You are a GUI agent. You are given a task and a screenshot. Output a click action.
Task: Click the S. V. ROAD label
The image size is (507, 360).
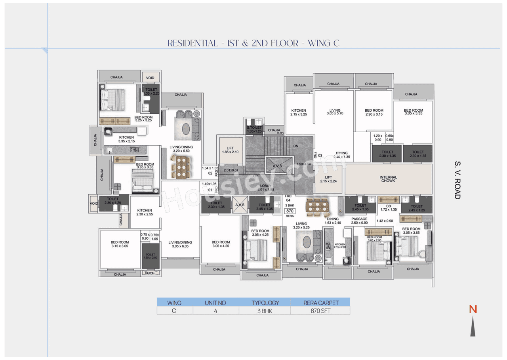457,180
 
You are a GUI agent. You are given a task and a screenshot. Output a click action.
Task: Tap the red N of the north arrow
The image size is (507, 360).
473,309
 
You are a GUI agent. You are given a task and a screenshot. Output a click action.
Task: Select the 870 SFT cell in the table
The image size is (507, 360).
320,311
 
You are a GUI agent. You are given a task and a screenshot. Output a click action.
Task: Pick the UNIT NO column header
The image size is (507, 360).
215,303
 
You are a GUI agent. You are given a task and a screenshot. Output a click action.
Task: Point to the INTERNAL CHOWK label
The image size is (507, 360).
388,179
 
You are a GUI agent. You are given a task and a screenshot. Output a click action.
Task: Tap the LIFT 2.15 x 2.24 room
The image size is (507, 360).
328,179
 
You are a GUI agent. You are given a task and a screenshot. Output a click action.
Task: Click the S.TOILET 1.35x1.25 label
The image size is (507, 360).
254,130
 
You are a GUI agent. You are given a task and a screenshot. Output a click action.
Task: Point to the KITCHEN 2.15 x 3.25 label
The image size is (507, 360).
299,112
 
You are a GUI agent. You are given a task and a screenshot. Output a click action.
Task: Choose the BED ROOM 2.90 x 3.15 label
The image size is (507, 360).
374,112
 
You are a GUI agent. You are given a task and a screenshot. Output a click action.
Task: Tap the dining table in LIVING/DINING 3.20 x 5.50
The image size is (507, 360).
181,167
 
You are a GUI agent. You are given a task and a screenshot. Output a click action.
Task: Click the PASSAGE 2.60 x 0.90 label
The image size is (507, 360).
359,221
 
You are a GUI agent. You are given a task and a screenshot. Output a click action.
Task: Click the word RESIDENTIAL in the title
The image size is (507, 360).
193,43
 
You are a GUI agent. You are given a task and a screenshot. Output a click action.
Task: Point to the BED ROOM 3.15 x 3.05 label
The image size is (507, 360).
120,244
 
